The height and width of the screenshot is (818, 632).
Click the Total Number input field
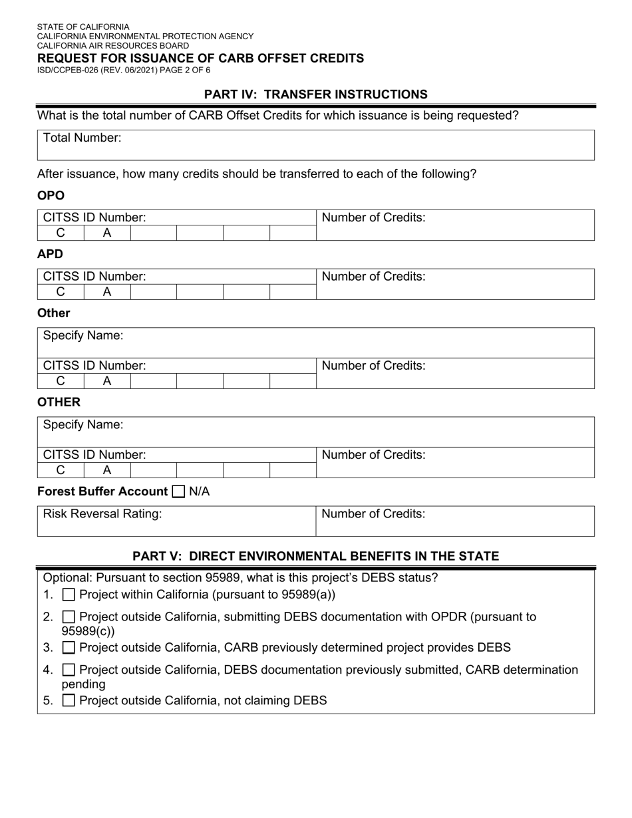pos(315,145)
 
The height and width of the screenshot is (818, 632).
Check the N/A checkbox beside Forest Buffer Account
pos(178,492)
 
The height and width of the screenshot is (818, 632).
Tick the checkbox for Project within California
pos(69,595)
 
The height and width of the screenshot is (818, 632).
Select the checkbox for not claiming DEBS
pos(69,700)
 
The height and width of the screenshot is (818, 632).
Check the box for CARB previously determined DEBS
pos(69,648)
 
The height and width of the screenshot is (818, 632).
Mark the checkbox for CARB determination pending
pos(69,670)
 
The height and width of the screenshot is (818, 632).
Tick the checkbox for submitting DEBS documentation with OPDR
pos(69,617)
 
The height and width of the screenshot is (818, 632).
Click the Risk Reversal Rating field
pos(176,521)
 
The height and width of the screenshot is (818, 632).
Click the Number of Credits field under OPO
pos(454,225)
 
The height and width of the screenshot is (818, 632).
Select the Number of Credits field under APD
pos(454,284)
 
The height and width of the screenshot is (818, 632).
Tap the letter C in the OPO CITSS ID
pos(61,233)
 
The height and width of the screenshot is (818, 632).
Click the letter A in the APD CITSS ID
pos(106,292)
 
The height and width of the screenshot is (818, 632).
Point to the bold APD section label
pos(50,254)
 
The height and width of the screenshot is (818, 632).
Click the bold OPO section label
pos(51,196)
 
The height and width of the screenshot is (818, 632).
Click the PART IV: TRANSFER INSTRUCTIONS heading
pos(315,94)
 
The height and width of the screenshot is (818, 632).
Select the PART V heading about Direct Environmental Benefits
pos(315,556)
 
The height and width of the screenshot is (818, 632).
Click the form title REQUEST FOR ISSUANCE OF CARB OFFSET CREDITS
pos(200,58)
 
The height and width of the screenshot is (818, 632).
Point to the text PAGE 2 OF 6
pos(180,70)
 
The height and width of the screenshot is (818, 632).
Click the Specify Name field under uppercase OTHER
pos(315,432)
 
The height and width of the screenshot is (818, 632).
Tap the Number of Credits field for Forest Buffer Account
pos(454,521)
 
